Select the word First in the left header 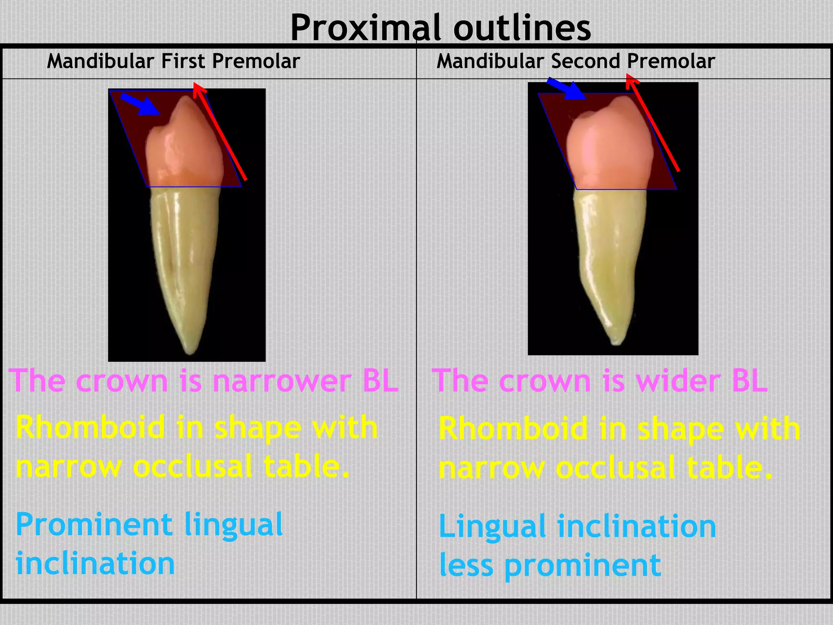click(183, 61)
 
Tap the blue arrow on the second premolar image click(567, 89)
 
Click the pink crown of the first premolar click(185, 151)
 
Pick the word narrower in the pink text click(282, 381)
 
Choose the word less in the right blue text click(466, 566)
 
